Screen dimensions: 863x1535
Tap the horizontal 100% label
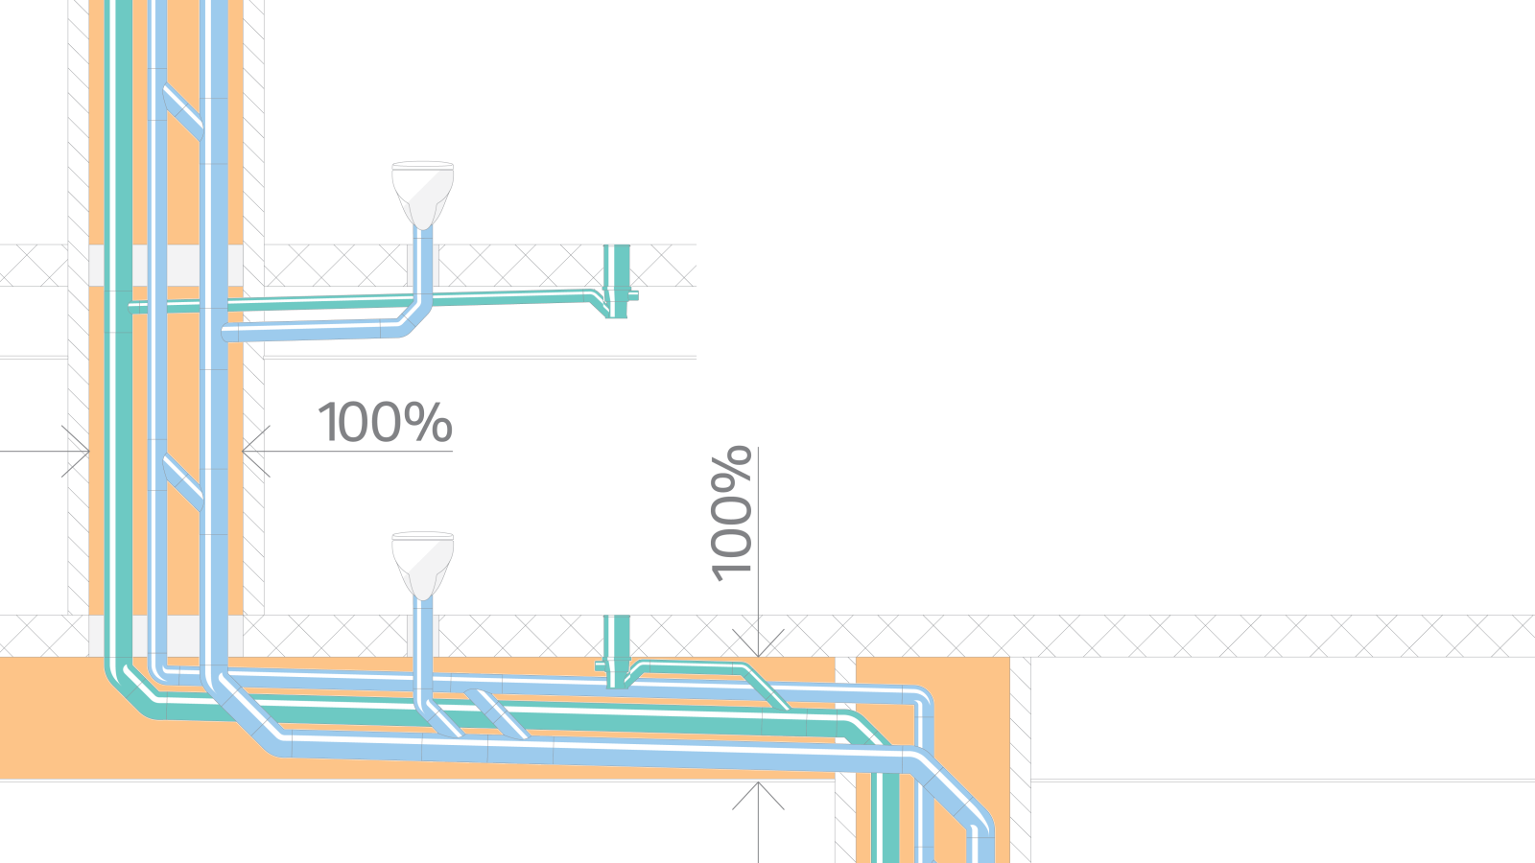click(385, 423)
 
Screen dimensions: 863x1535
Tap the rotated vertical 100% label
click(731, 512)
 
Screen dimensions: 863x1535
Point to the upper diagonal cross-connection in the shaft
click(182, 113)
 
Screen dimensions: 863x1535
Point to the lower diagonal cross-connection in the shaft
click(182, 482)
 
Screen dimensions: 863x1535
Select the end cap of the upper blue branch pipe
click(228, 334)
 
